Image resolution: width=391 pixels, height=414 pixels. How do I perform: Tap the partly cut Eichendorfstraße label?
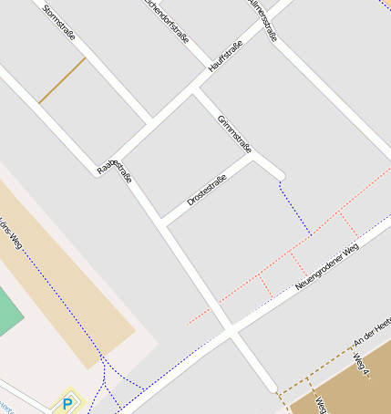point(167,20)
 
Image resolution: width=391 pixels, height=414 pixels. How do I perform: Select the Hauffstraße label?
point(225,57)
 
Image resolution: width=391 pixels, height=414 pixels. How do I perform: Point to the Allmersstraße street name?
point(262,19)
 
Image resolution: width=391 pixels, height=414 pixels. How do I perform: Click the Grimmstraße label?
point(234,133)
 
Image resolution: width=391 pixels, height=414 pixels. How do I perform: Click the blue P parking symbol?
point(67,402)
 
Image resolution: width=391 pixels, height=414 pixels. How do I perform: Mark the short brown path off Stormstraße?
point(62,80)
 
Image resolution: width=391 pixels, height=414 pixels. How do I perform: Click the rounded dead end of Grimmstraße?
point(280,174)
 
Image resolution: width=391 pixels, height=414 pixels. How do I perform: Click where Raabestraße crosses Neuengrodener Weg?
point(234,335)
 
